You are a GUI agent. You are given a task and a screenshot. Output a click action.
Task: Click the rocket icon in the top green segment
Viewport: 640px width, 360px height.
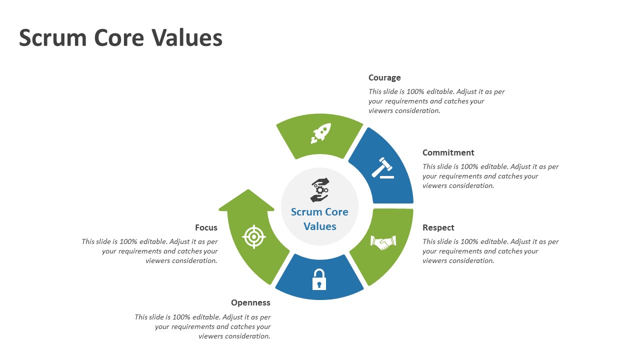point(321,133)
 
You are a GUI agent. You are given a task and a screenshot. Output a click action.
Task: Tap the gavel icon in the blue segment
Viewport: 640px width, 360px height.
point(383,168)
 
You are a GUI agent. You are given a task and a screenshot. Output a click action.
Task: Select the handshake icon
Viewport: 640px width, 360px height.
point(383,242)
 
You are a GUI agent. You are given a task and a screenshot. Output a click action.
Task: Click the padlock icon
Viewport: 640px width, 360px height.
point(319,279)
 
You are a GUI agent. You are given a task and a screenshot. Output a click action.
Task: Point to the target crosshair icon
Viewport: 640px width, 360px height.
point(253,237)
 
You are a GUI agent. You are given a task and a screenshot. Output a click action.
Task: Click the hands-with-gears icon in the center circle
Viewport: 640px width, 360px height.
point(319,190)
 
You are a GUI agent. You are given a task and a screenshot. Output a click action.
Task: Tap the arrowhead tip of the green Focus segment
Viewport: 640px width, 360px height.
point(248,189)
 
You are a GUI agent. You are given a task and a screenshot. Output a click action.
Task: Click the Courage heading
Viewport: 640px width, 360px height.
point(384,77)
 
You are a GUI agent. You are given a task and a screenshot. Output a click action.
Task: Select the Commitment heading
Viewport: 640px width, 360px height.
point(448,152)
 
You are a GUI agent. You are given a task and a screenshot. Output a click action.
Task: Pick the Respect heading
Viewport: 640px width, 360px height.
point(438,227)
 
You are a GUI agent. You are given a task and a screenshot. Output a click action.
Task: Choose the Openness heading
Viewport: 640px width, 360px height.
point(250,302)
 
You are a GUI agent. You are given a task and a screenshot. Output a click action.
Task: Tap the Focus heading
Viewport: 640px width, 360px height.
point(206,227)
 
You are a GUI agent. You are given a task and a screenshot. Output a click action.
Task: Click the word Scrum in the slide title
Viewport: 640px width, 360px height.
point(53,38)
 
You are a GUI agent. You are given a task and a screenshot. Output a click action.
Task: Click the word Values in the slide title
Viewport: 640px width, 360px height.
point(187,38)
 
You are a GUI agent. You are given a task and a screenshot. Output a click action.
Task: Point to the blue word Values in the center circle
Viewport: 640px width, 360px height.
point(319,226)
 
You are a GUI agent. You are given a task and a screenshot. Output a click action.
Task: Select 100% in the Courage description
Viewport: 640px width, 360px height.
point(415,91)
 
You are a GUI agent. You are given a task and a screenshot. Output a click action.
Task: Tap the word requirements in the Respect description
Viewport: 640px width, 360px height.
point(460,251)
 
